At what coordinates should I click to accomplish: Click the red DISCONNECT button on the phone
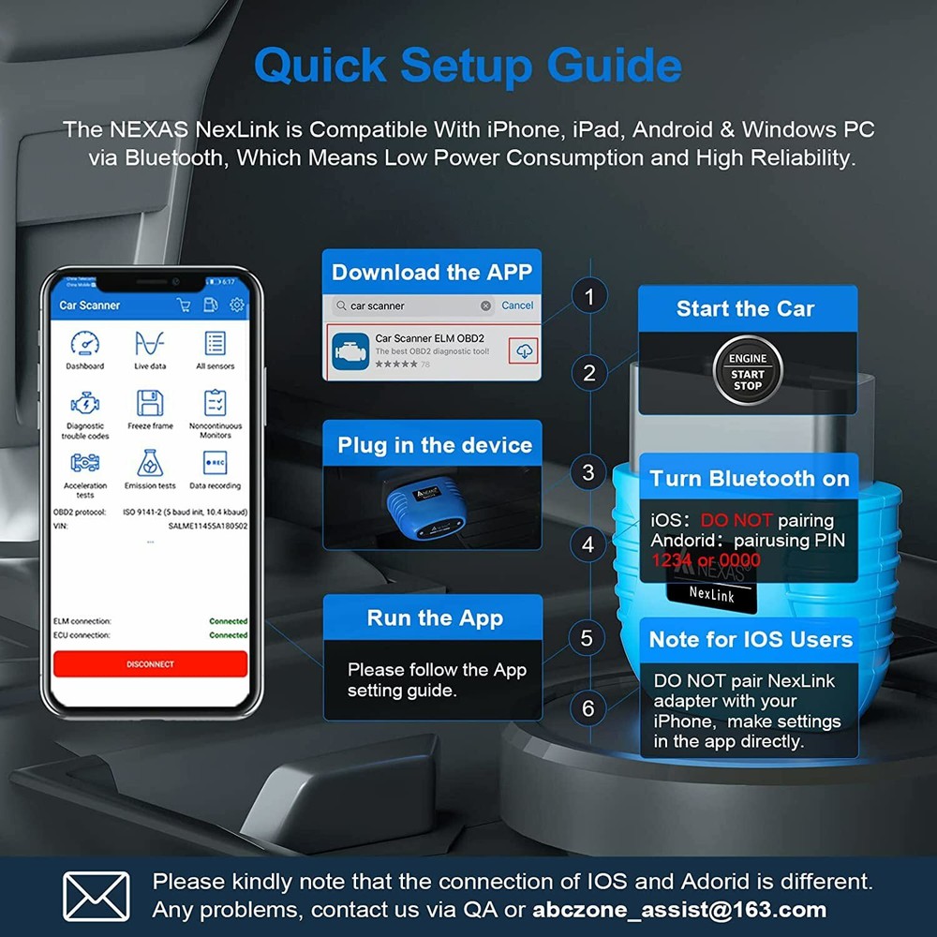coord(150,663)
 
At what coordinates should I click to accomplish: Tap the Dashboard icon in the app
coord(84,344)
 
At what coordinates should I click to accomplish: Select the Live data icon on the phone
coord(149,344)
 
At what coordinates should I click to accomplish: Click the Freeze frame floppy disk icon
coord(150,403)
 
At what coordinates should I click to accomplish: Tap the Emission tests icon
coord(150,463)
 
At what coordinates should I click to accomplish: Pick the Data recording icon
coord(215,463)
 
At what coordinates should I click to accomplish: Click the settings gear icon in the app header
coord(237,305)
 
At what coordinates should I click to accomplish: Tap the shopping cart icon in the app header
coord(184,305)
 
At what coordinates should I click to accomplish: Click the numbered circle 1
coord(588,298)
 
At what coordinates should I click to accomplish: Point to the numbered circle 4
coord(588,544)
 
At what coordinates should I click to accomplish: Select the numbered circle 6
coord(588,708)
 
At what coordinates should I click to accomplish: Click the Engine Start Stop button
coord(747,372)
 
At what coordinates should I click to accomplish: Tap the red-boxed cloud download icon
coord(524,350)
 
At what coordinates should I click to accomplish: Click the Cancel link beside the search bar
coord(517,305)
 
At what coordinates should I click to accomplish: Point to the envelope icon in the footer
coord(96,897)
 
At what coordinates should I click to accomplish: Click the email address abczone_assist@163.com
coord(679,909)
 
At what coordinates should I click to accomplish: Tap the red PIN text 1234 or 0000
coord(706,560)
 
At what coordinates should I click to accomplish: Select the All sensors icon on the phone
coord(215,344)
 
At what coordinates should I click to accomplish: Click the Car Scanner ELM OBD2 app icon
coord(350,350)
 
